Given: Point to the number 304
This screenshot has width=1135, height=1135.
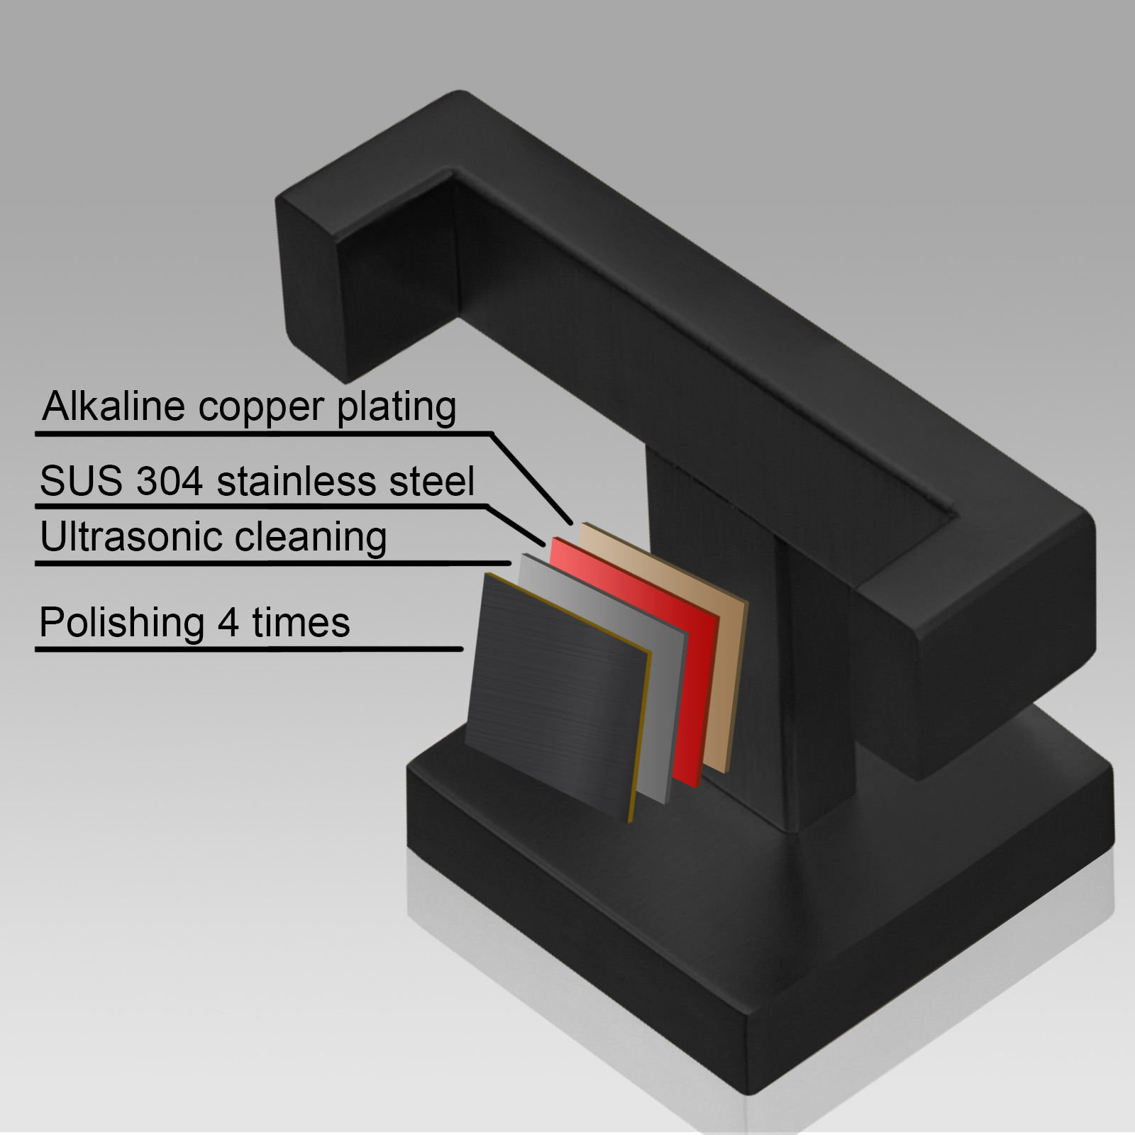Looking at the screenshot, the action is click(x=170, y=481).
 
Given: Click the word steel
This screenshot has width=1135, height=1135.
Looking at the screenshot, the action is click(x=430, y=481).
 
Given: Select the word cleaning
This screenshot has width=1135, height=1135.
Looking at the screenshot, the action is click(x=311, y=538).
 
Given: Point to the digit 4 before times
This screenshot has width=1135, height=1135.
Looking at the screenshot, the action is click(x=228, y=623).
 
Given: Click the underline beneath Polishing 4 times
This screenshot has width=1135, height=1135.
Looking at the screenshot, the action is click(x=249, y=649).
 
